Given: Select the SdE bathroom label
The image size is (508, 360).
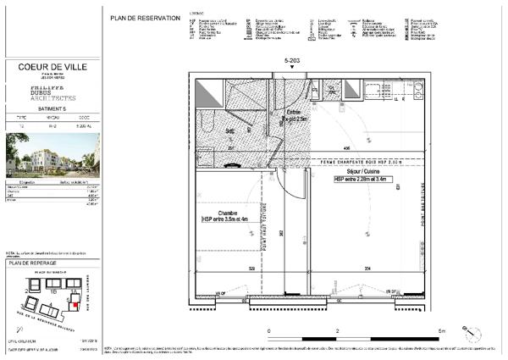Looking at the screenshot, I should (x=230, y=131).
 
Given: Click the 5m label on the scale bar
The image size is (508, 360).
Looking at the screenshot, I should (x=440, y=330).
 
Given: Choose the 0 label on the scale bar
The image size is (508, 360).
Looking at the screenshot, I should (x=269, y=330).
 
